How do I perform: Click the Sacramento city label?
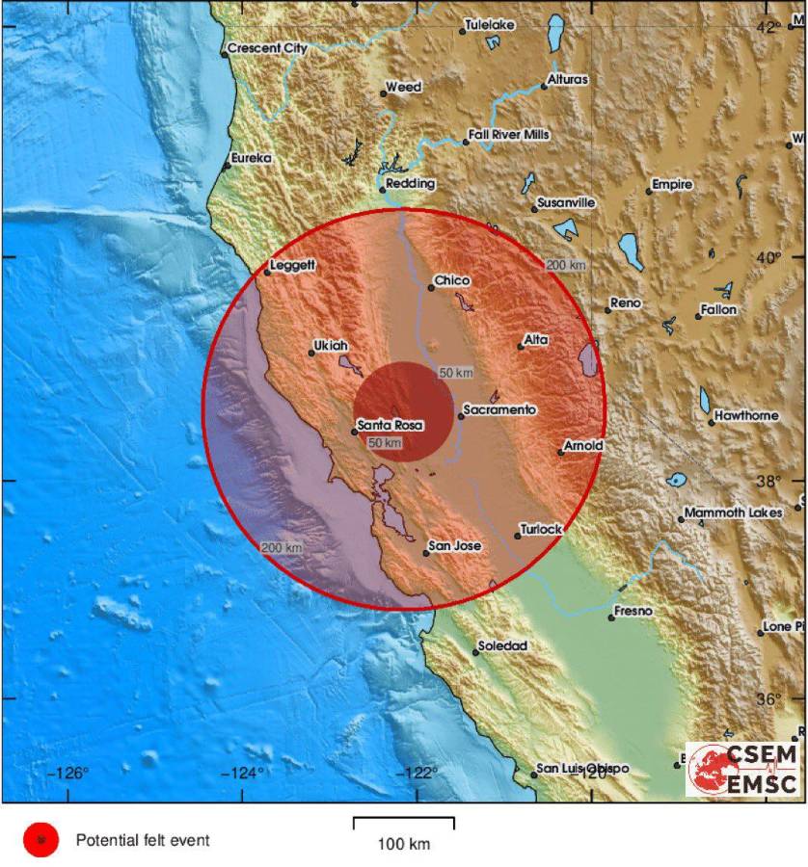coord(499,410)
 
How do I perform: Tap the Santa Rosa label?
coord(391,425)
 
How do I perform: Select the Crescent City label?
coord(266,48)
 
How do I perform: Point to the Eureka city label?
coord(252,158)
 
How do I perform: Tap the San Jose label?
coord(454,546)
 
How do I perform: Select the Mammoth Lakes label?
coord(733,513)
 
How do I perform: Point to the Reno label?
coord(625,303)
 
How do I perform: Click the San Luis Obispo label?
coord(582,768)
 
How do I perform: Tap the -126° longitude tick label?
coord(70,772)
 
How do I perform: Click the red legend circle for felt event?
coord(40,841)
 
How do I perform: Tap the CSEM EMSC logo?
coord(742,769)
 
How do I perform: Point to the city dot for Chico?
coord(430,288)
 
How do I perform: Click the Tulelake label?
coord(489,25)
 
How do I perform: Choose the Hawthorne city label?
coord(746,416)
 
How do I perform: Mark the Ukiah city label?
coord(331,346)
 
